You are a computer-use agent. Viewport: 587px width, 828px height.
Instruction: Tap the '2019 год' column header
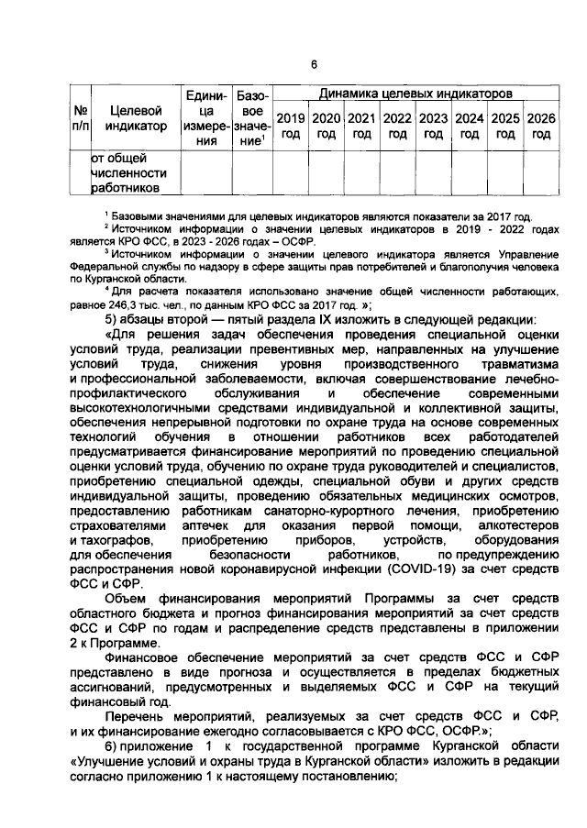click(x=291, y=127)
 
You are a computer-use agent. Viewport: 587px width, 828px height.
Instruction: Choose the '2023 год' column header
click(x=433, y=127)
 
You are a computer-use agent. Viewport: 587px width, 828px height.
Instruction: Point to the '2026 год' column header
click(x=541, y=127)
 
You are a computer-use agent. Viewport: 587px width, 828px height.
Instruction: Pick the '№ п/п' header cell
click(x=79, y=118)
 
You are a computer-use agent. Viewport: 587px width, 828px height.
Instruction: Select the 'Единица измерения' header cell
click(x=207, y=118)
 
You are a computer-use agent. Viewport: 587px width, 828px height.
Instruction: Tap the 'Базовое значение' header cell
click(x=251, y=118)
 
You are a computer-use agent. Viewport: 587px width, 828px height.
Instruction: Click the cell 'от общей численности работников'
click(x=129, y=172)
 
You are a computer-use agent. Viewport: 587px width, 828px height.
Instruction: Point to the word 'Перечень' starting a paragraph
click(x=137, y=713)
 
